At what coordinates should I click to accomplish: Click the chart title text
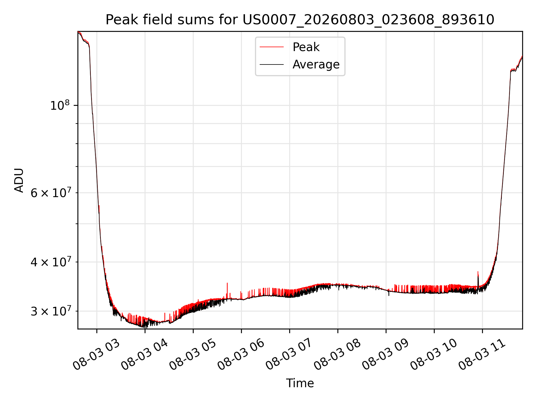300,20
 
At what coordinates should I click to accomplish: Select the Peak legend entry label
306,47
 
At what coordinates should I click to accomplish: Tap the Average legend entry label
316,64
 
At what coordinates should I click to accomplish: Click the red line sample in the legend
272,47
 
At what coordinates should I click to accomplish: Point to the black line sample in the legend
272,65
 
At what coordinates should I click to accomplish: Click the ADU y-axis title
19,180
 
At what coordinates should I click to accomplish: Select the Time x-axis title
300,383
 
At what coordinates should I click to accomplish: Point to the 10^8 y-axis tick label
59,105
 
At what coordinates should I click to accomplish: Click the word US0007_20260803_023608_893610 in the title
368,20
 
